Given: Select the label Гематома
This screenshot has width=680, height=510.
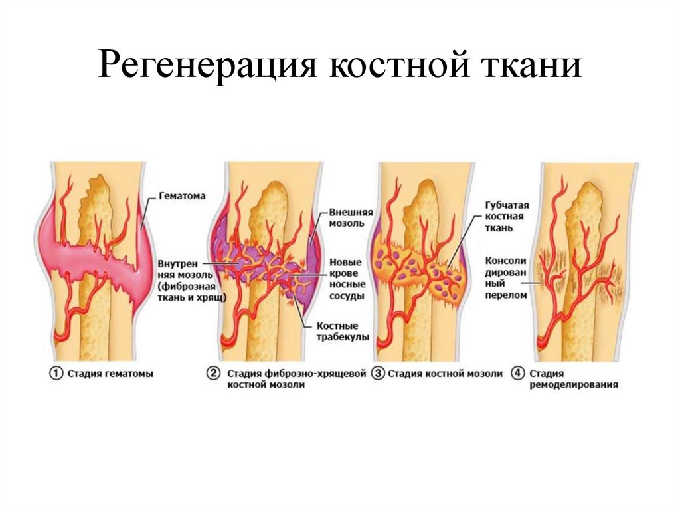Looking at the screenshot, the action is point(183,196).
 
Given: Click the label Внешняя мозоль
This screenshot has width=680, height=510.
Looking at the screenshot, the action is point(347,217).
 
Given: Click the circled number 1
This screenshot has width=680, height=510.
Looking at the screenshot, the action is point(56,374).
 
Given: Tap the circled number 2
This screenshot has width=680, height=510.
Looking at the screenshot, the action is point(214,374).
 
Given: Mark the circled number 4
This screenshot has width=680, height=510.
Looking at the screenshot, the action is point(517,374).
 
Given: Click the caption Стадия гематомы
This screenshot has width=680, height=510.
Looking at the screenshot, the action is point(110,374).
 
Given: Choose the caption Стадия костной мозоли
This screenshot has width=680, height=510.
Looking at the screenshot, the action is point(445,374).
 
